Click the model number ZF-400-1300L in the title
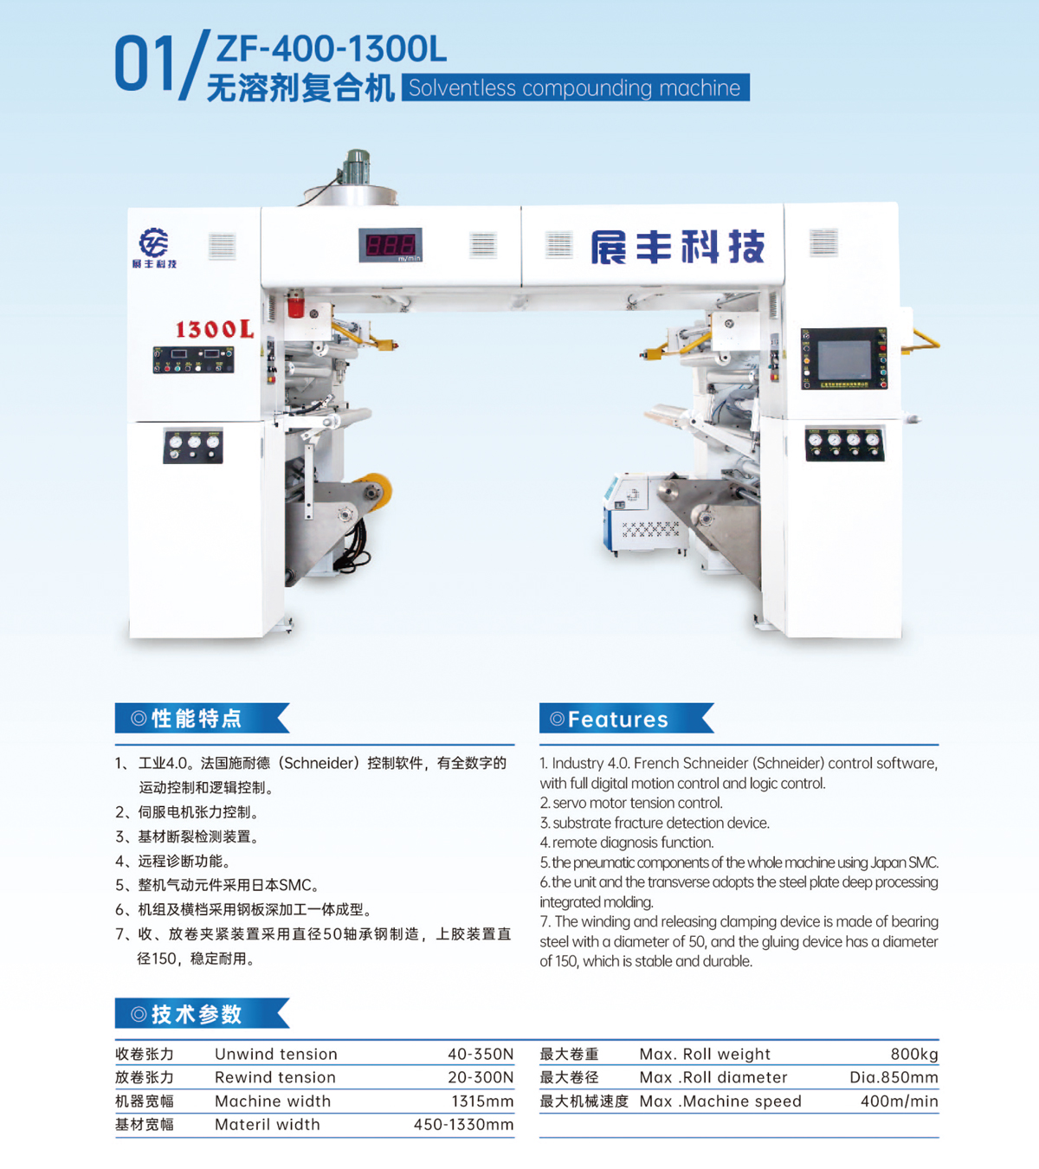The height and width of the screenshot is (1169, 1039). click(331, 48)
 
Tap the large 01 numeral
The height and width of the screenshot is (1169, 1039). click(145, 63)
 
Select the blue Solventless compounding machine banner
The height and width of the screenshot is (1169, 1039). click(575, 87)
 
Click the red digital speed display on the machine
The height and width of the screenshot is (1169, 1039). click(390, 245)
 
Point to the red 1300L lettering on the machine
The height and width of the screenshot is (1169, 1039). click(215, 329)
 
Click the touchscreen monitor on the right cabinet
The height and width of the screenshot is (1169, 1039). click(844, 358)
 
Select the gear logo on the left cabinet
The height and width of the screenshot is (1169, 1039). click(153, 242)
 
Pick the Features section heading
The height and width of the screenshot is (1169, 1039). click(618, 719)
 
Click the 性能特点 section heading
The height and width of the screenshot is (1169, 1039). click(197, 719)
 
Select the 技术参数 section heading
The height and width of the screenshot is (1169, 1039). click(197, 1014)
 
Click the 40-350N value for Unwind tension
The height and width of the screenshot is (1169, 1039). click(481, 1054)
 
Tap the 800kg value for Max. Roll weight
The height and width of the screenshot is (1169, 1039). click(914, 1054)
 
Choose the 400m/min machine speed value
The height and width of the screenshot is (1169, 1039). click(900, 1101)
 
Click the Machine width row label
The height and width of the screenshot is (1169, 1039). click(273, 1101)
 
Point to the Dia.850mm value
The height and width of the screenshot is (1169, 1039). click(894, 1077)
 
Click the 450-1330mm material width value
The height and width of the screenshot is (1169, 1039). click(464, 1124)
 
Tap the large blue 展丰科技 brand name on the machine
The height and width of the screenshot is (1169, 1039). click(678, 247)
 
